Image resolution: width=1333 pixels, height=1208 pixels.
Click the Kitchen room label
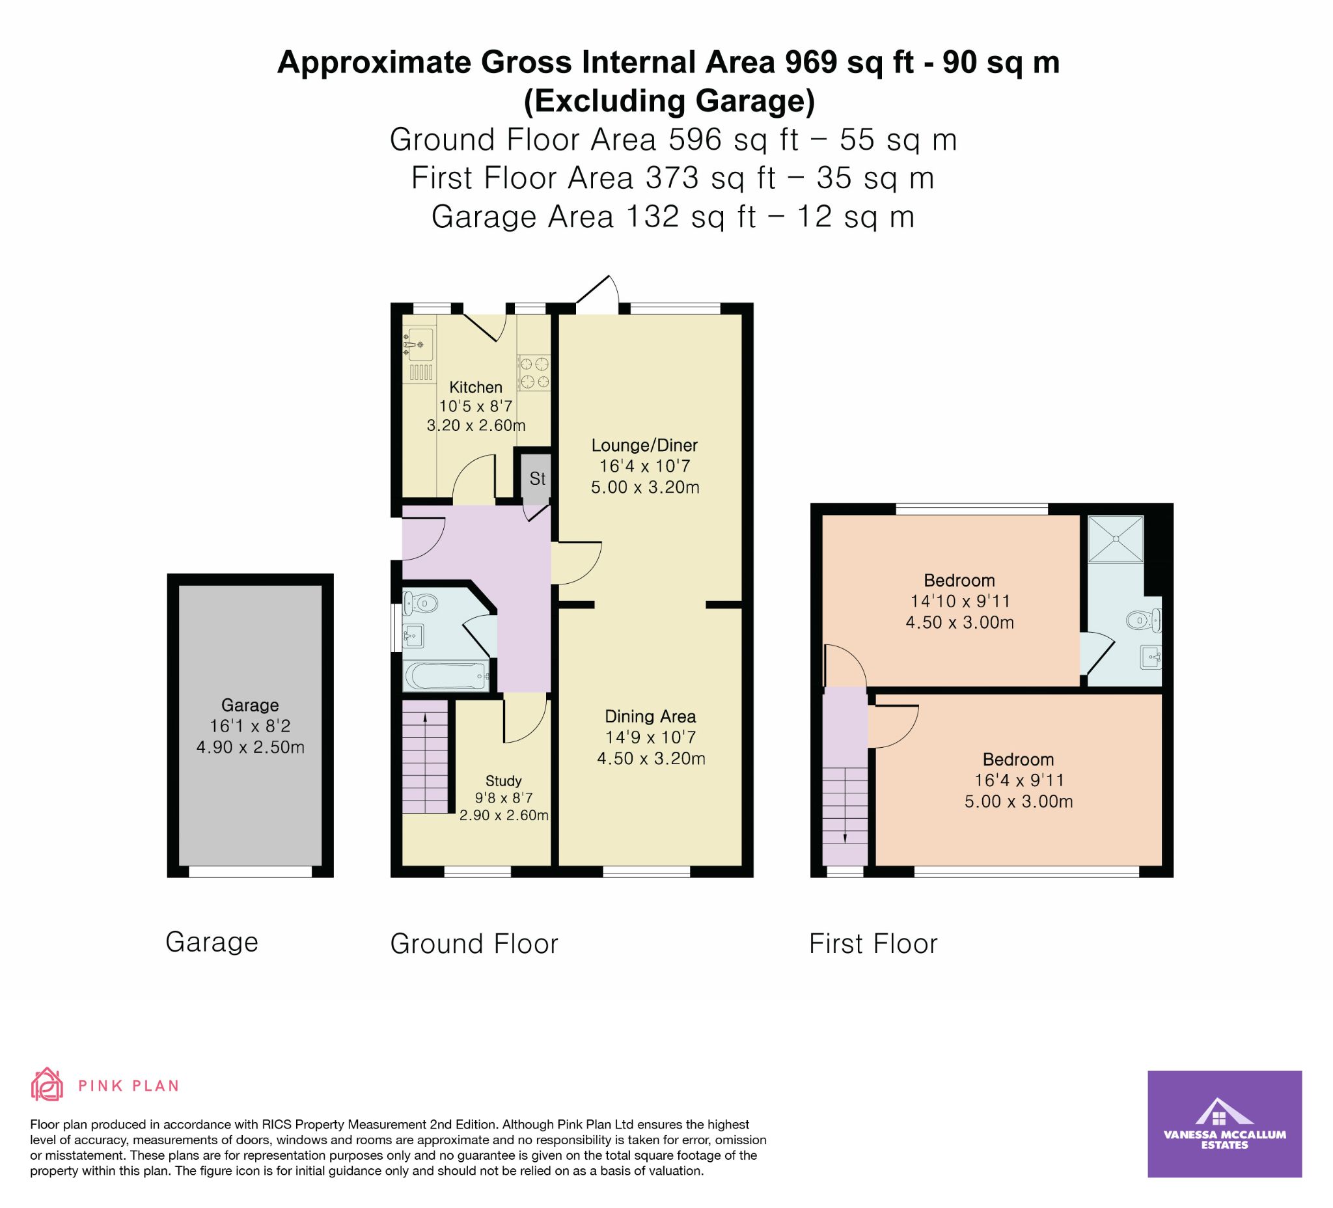pyautogui.click(x=476, y=387)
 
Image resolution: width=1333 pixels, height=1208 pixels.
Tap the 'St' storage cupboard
pyautogui.click(x=537, y=478)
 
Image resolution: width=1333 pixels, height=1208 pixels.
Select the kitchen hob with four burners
pyautogui.click(x=534, y=372)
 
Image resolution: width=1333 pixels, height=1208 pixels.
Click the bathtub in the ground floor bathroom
pyautogui.click(x=447, y=676)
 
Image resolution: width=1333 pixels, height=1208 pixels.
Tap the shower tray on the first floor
pyautogui.click(x=1116, y=540)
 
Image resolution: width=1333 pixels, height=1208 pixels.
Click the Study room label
pyautogui.click(x=503, y=781)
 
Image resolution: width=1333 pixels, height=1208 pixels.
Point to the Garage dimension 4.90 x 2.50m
pyautogui.click(x=250, y=748)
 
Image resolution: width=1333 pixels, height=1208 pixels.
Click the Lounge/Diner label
pyautogui.click(x=644, y=446)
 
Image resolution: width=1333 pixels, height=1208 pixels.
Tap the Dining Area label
pyautogui.click(x=651, y=717)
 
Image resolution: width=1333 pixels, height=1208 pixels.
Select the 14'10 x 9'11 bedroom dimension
pyautogui.click(x=959, y=601)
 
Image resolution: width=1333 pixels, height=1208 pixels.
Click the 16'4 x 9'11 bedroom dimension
pyautogui.click(x=1018, y=781)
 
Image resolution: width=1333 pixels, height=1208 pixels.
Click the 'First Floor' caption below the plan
pyautogui.click(x=873, y=944)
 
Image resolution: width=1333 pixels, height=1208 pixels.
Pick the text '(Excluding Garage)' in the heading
pyautogui.click(x=669, y=101)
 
